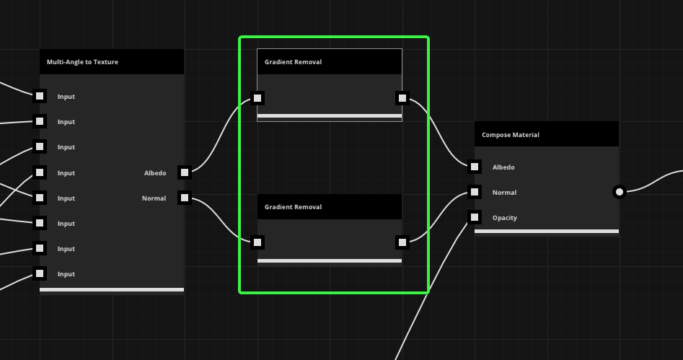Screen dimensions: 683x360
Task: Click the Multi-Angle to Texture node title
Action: (82, 62)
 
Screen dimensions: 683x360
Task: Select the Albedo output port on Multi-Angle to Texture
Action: (185, 172)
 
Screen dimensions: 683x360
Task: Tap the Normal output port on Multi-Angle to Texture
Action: (185, 198)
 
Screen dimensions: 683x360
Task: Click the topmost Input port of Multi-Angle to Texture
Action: (40, 96)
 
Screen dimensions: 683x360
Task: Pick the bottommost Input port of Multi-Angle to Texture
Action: (40, 273)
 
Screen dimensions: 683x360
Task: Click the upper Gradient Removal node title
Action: (293, 62)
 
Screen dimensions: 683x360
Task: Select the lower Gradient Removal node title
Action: (293, 207)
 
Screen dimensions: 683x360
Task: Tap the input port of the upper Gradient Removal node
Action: (257, 98)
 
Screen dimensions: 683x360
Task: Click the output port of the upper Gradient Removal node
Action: (402, 98)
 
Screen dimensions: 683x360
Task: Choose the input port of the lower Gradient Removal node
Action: (257, 242)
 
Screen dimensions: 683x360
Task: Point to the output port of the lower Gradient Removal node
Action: (402, 242)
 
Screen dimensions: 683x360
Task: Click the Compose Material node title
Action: (511, 135)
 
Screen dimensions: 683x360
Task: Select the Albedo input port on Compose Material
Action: (475, 167)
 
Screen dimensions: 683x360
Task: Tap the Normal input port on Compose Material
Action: (475, 192)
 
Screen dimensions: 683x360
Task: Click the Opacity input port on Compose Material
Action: (475, 217)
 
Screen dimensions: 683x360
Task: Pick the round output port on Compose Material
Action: (620, 192)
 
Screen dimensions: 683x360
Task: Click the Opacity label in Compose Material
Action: (504, 218)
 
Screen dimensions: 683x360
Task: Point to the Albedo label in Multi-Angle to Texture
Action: (155, 173)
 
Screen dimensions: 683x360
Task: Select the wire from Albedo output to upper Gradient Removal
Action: (221, 135)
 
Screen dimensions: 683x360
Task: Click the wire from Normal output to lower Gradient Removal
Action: (221, 220)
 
